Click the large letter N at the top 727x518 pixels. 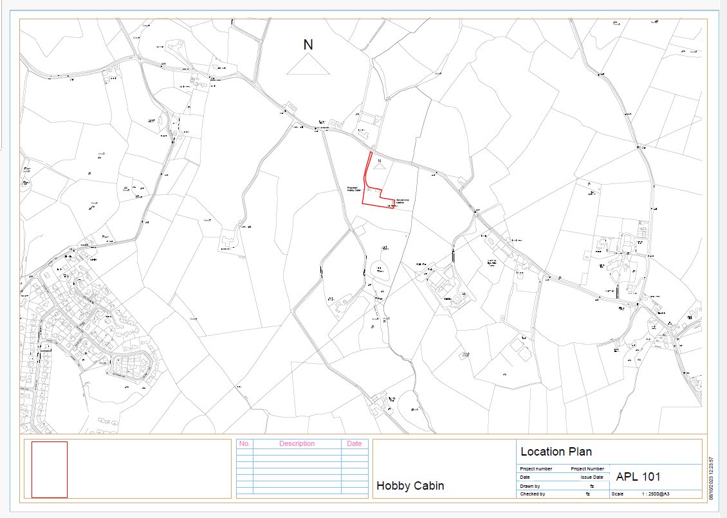click(x=309, y=44)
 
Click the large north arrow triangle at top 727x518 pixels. click(x=308, y=66)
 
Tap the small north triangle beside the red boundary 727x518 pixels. click(x=379, y=165)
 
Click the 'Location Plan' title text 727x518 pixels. click(x=556, y=452)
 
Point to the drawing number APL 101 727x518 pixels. click(x=638, y=477)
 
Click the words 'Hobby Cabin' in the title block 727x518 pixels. click(x=410, y=486)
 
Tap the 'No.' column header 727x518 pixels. click(x=244, y=443)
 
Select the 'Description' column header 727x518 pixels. click(x=297, y=443)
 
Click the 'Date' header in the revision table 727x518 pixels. click(x=354, y=443)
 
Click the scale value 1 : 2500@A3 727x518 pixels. click(x=656, y=494)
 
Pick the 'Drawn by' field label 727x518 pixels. click(x=530, y=486)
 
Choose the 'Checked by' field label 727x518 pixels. click(x=532, y=494)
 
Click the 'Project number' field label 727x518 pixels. click(x=536, y=469)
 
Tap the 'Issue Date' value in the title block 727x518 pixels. click(x=592, y=477)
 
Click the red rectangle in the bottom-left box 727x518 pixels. click(x=50, y=469)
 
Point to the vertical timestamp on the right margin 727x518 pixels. click(x=712, y=474)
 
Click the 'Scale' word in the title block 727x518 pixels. click(x=618, y=494)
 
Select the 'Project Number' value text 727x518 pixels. click(x=587, y=469)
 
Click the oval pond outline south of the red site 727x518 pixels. click(x=379, y=270)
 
